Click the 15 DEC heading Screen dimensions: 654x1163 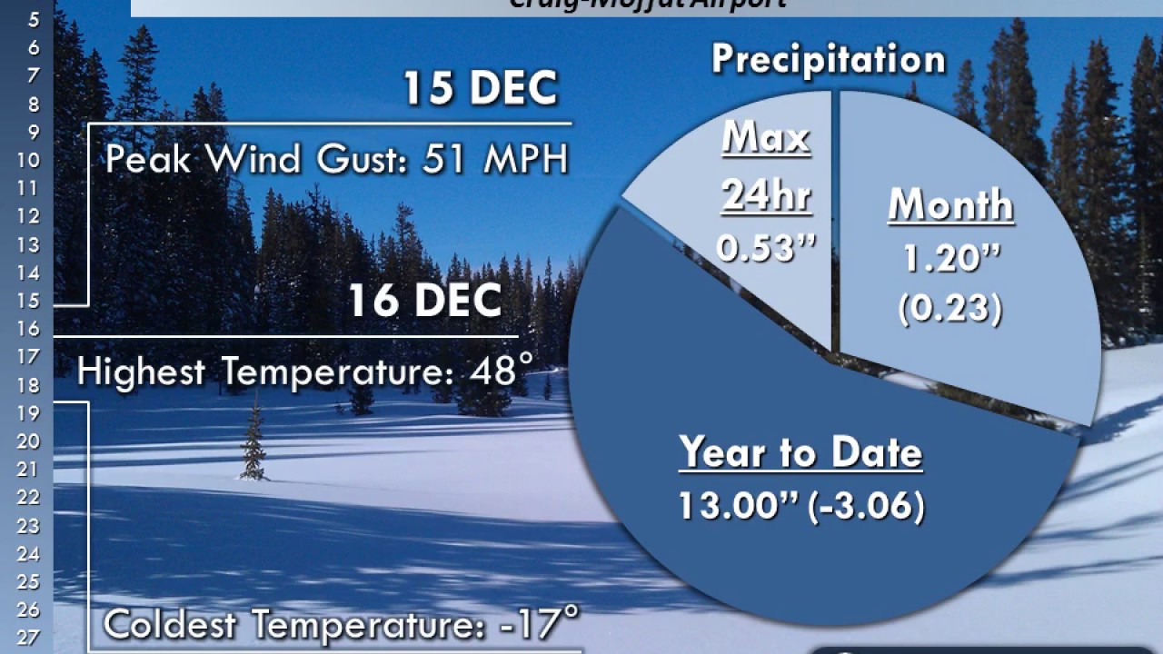(x=480, y=88)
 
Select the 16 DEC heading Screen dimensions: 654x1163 (x=424, y=301)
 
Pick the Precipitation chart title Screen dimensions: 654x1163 (x=828, y=59)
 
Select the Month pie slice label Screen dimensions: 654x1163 (x=950, y=206)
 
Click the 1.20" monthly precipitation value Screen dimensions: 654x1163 (x=950, y=261)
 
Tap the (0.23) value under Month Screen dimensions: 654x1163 (x=950, y=309)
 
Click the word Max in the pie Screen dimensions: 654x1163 (x=766, y=139)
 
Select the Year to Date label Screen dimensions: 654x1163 (x=800, y=453)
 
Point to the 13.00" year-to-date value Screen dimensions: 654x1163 (x=736, y=506)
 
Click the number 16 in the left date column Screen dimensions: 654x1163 (x=27, y=329)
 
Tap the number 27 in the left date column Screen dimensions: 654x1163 (x=27, y=638)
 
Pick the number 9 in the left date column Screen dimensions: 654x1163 (x=34, y=132)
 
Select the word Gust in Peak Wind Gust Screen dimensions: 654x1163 (x=352, y=160)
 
